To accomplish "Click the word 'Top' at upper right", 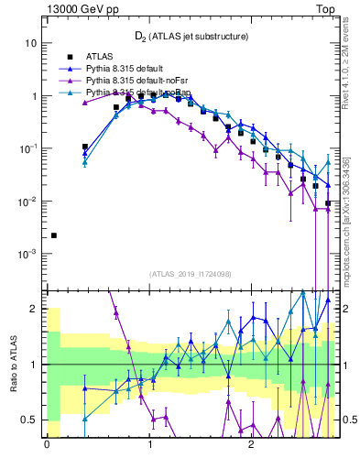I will tap(325, 8).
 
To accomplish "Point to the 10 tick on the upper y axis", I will tap(30, 43).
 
